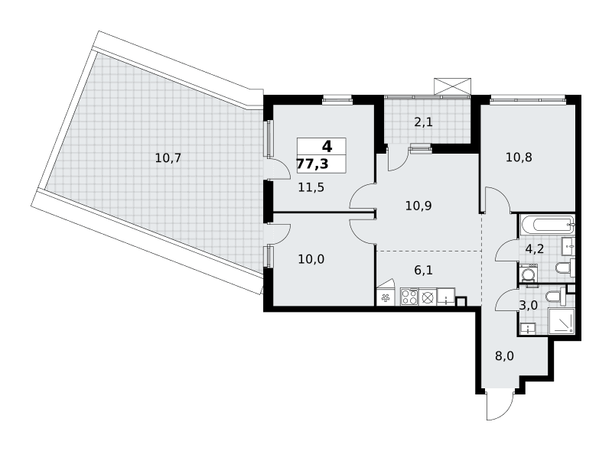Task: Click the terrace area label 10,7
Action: [168, 158]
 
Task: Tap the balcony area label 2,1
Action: [424, 122]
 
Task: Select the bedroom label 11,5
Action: [311, 187]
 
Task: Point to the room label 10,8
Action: [519, 157]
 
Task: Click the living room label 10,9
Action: [418, 206]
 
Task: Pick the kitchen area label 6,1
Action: [424, 270]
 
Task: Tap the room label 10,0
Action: [311, 259]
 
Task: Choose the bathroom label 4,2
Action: [534, 248]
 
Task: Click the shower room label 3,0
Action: [529, 305]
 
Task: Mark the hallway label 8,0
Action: [504, 356]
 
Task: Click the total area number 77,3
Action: [313, 164]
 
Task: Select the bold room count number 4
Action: [327, 147]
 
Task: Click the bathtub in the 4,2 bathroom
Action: [547, 225]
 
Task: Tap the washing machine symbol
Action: [528, 273]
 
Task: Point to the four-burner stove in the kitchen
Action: [409, 297]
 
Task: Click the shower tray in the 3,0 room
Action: [562, 321]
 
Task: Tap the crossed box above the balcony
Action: [452, 86]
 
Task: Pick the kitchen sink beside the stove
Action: [446, 296]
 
